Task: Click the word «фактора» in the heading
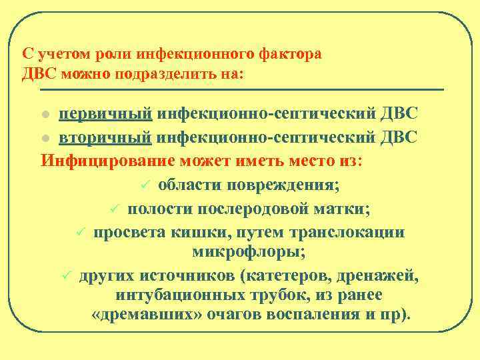[x=288, y=54]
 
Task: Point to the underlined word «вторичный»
[x=106, y=138]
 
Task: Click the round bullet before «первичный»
[x=46, y=115]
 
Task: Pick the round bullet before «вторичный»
[x=46, y=139]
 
